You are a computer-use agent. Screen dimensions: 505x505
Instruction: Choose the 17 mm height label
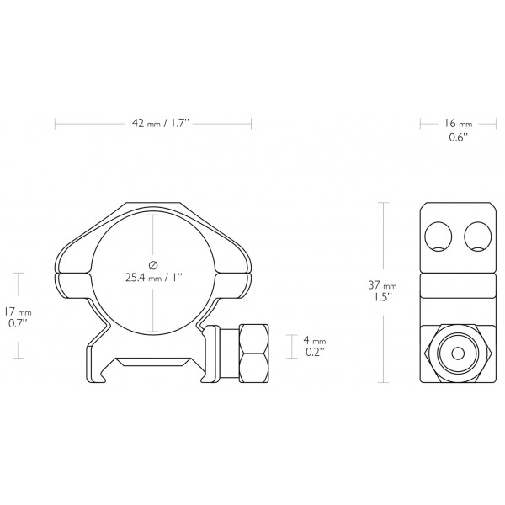point(19,310)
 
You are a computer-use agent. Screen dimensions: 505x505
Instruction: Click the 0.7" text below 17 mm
point(18,322)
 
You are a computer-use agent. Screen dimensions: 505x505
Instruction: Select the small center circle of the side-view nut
point(458,353)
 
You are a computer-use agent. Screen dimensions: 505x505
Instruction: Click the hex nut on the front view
point(252,351)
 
